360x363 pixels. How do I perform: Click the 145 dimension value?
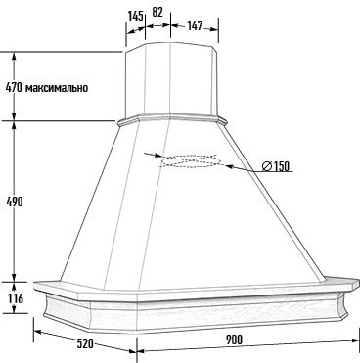click(135, 16)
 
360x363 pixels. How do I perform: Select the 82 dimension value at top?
click(157, 12)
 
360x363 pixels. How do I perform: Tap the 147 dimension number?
click(195, 25)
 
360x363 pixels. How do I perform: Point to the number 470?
click(14, 87)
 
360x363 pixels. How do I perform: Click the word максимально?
click(57, 88)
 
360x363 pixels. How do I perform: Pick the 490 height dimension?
click(15, 202)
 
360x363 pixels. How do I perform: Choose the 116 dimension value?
click(15, 298)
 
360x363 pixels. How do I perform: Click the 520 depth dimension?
click(85, 343)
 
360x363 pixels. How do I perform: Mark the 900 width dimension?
click(234, 340)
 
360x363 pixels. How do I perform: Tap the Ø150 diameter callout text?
click(276, 166)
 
